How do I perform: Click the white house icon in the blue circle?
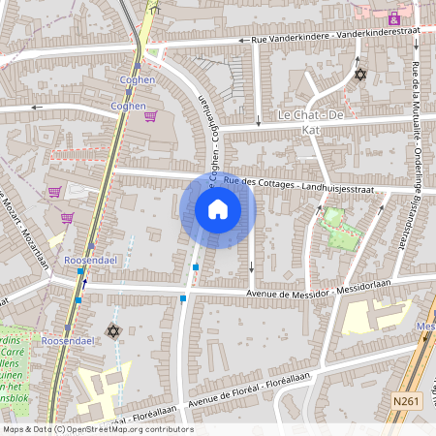[218, 209]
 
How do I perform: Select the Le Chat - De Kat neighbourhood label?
[312, 115]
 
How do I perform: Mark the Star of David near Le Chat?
[360, 74]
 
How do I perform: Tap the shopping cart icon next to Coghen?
[150, 116]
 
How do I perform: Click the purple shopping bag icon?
[393, 17]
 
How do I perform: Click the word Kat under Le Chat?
[311, 128]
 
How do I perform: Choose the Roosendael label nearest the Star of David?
[68, 341]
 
